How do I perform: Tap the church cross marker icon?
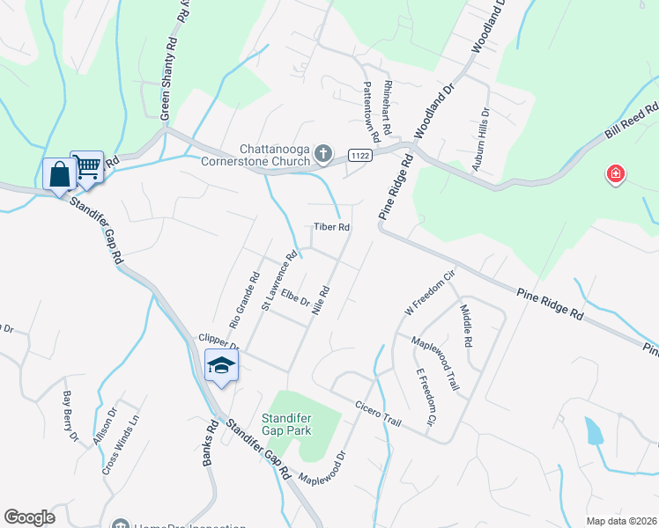pyautogui.click(x=323, y=155)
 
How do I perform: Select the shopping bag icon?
pyautogui.click(x=59, y=174)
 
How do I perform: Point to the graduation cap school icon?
pyautogui.click(x=221, y=365)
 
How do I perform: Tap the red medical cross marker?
pyautogui.click(x=615, y=175)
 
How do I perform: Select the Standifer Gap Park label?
pyautogui.click(x=287, y=424)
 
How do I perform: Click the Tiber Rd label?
pyautogui.click(x=333, y=227)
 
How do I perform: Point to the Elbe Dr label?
pyautogui.click(x=297, y=300)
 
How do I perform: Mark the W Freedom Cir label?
pyautogui.click(x=428, y=294)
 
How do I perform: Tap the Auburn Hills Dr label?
pyautogui.click(x=484, y=141)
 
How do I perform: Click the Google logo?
pyautogui.click(x=29, y=517)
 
